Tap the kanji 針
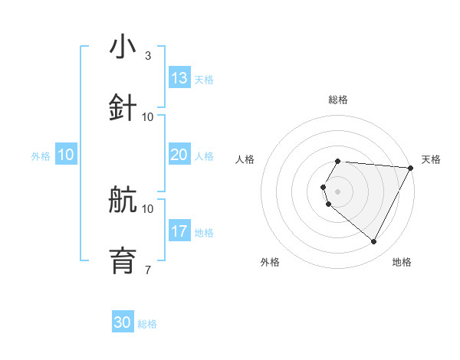pos(123,107)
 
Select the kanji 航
pos(123,200)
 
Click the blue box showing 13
pos(179,78)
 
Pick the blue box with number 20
pos(179,155)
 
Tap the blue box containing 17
pos(179,231)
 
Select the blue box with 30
pos(123,322)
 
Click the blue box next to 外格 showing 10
pos(66,155)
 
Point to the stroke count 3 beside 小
pos(147,56)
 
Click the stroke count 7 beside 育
pos(147,270)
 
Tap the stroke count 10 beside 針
pos(148,116)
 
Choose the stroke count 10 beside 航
pos(148,208)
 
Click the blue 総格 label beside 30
pos(147,324)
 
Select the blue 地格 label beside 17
pos(204,233)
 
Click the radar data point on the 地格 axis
pos(373,241)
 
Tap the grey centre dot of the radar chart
pos(337,191)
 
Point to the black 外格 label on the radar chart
pos(270,262)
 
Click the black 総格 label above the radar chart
pos(337,100)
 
